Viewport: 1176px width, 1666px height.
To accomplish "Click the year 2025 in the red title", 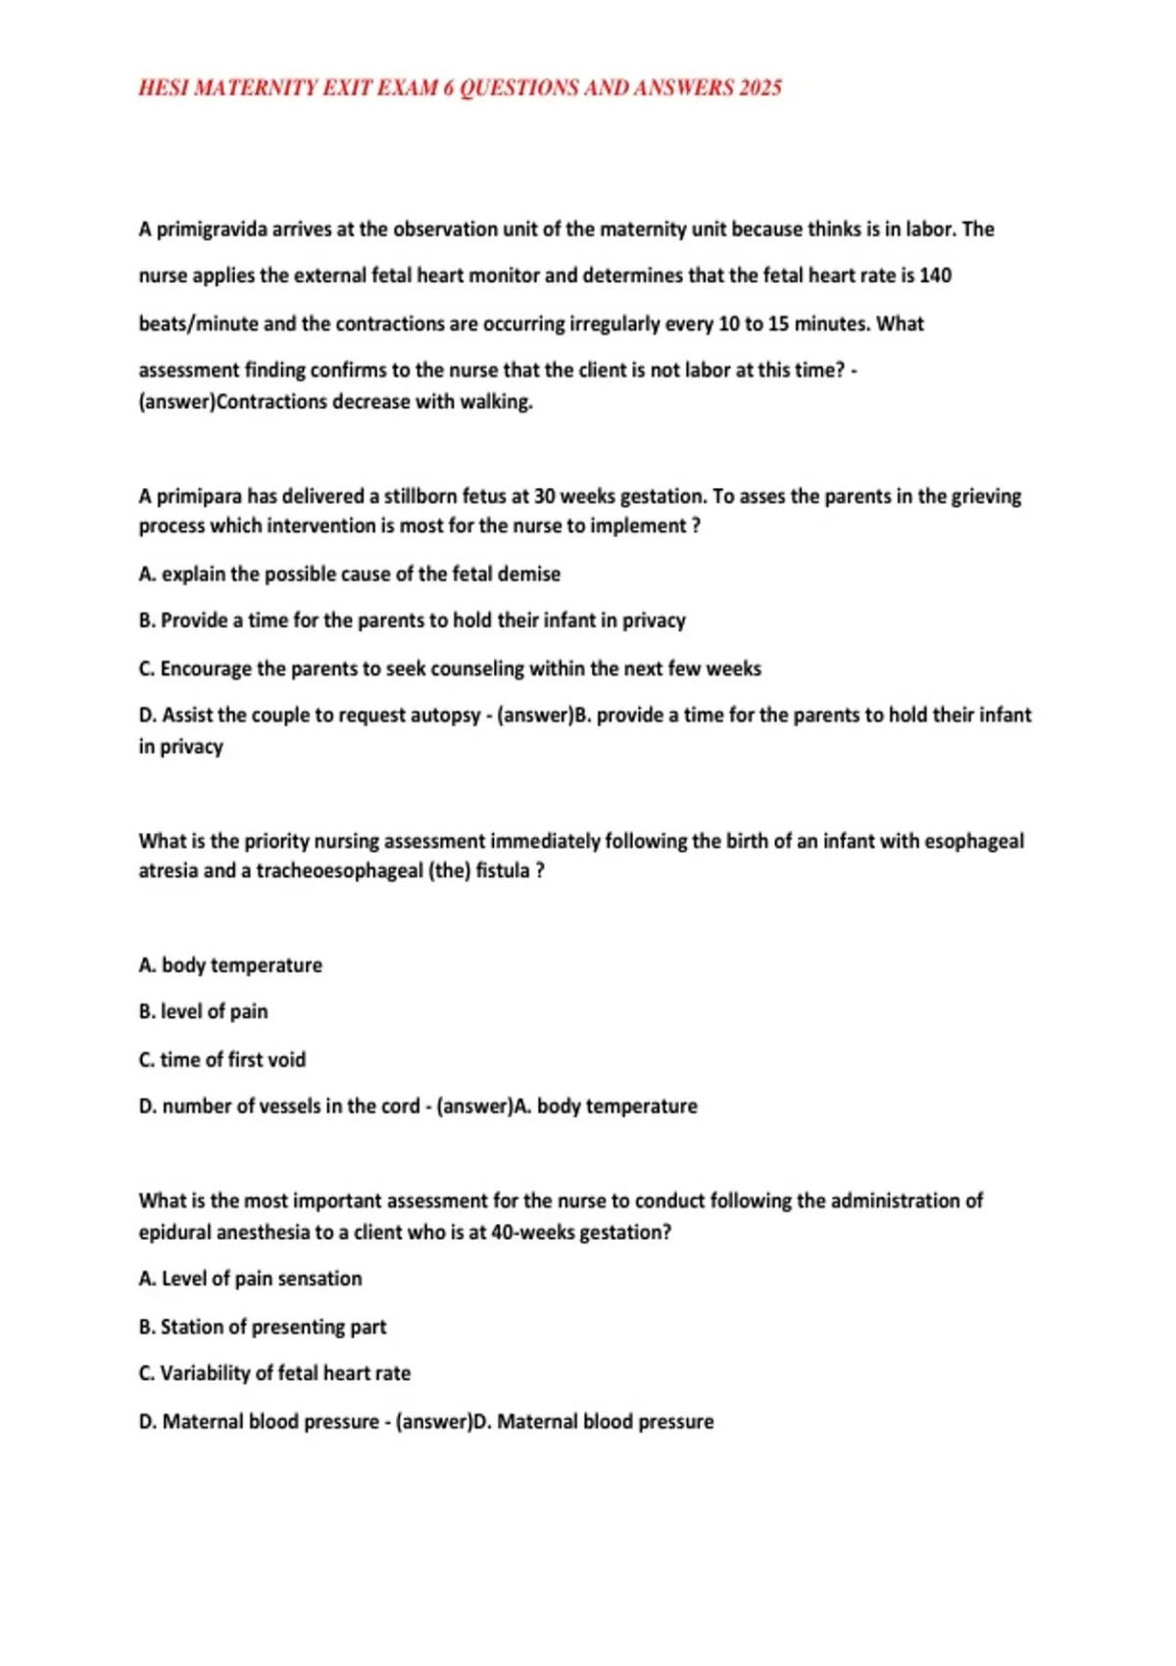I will coord(759,88).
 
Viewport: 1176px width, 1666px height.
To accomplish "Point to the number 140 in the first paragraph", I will coord(935,275).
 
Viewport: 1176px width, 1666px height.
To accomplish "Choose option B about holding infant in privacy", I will coord(412,620).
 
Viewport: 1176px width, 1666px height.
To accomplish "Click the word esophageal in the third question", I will coord(974,841).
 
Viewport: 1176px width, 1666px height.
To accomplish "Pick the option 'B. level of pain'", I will coord(203,1011).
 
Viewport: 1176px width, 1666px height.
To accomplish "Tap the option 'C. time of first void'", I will coord(222,1059).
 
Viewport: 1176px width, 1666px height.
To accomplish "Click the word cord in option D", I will coord(400,1106).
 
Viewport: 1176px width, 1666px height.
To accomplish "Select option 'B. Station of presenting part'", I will coord(263,1327).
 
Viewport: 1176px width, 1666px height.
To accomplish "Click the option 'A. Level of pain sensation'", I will coord(250,1279).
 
